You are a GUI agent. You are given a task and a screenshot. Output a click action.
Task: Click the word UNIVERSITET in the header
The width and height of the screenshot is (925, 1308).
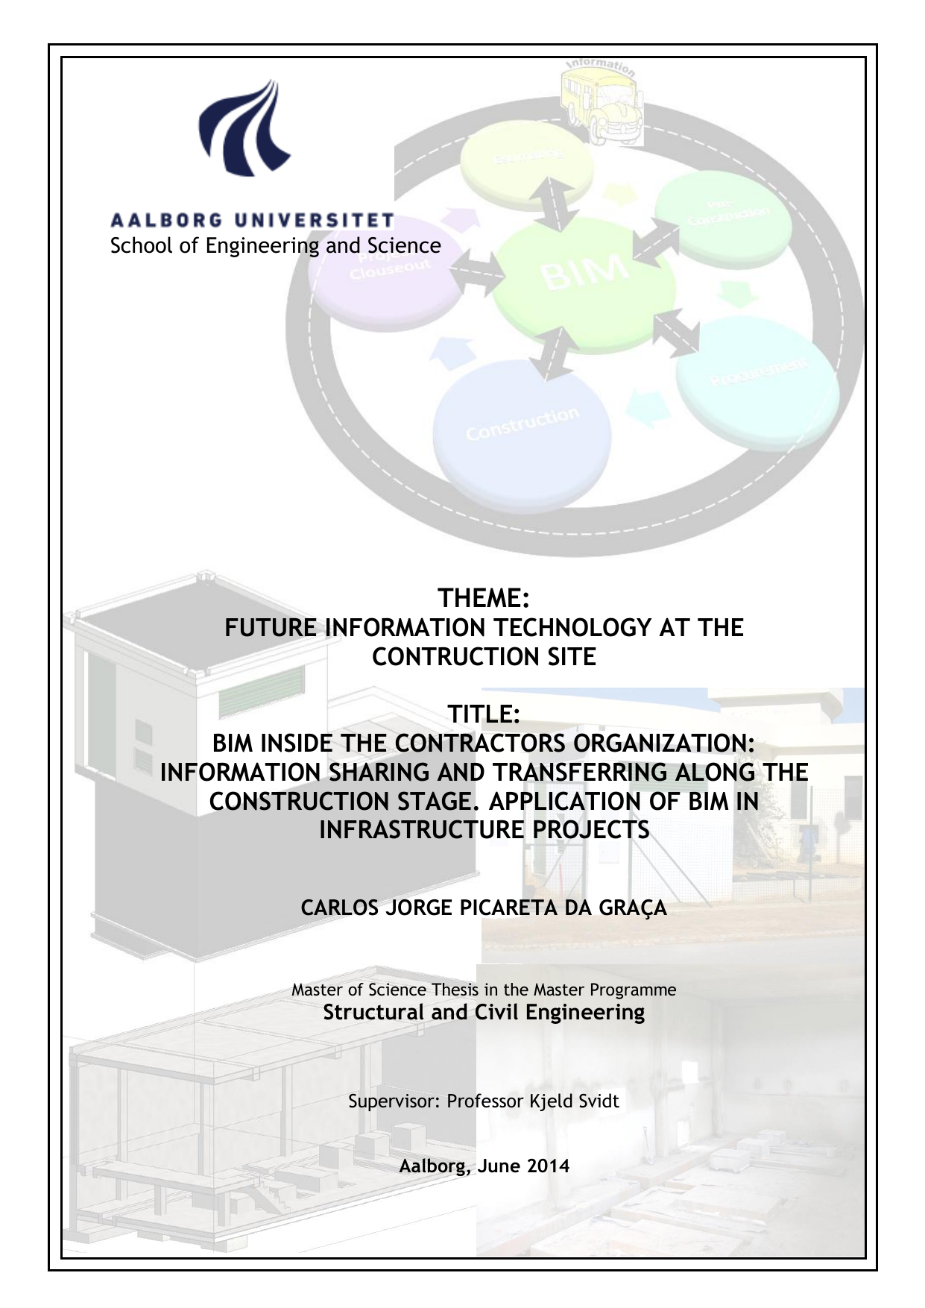tap(314, 220)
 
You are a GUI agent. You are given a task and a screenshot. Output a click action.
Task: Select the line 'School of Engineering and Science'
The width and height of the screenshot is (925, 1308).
tap(275, 245)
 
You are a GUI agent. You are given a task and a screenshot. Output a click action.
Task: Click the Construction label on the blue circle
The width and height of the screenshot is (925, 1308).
tap(522, 423)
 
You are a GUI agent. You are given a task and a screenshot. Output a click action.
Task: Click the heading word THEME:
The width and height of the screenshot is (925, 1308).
tap(484, 598)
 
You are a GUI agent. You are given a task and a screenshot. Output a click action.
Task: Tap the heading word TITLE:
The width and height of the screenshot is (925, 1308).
tap(484, 714)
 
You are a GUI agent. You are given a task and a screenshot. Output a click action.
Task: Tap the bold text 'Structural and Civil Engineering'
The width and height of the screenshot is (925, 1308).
tap(484, 1012)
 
